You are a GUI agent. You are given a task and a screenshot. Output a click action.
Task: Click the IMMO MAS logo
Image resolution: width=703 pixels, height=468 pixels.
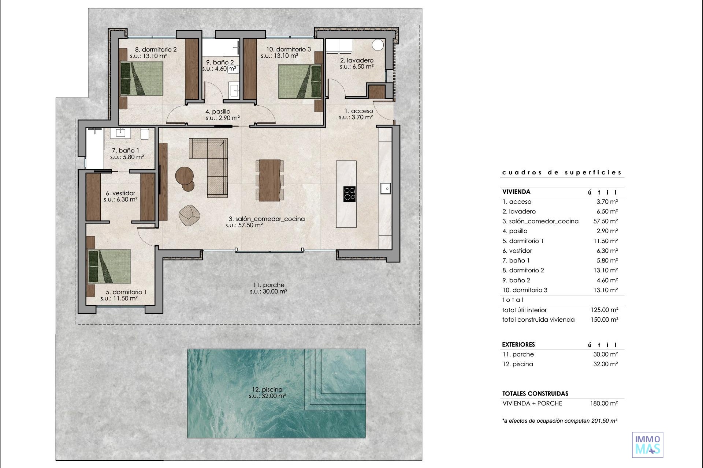coord(647,445)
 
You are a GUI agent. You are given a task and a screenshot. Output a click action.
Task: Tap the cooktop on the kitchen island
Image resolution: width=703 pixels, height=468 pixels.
coord(350,194)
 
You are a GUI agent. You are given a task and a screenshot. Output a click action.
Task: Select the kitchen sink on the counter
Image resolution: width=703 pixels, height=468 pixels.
coord(385,188)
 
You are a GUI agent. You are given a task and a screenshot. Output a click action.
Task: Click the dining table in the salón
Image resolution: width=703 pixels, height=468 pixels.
coord(269,180)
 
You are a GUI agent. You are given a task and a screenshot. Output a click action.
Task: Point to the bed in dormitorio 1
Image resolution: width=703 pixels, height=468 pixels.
coord(109,267)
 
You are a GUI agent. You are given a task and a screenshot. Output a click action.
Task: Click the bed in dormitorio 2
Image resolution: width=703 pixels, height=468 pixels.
coord(142,79)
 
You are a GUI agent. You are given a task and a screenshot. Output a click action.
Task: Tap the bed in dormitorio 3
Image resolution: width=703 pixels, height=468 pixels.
coord(300,82)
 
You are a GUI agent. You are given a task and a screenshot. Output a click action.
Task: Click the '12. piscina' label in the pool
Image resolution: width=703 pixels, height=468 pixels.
coord(267,389)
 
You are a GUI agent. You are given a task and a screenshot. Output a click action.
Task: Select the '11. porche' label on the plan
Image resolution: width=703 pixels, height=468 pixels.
coord(269,285)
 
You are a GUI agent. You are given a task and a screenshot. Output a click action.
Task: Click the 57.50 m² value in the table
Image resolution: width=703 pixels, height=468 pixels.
coord(606,221)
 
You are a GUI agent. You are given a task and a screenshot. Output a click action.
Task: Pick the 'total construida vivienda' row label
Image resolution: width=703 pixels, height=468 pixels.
coord(538,320)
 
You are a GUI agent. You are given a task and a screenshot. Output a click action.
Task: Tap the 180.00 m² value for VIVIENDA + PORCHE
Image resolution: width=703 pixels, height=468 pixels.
coord(604,403)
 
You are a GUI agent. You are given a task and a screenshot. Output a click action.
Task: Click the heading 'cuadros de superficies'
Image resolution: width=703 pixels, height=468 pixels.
coord(562,172)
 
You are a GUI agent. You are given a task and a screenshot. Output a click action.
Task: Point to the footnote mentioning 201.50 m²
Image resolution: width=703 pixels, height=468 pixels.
coord(560,421)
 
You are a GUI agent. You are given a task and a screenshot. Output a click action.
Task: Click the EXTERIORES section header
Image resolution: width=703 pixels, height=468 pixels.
coord(518,344)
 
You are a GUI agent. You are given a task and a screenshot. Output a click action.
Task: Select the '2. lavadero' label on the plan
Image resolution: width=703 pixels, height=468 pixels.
coord(357,60)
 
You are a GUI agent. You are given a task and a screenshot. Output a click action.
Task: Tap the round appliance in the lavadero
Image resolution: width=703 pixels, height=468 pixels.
coord(378,45)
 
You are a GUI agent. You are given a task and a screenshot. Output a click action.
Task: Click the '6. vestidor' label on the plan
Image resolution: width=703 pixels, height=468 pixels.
coord(120,193)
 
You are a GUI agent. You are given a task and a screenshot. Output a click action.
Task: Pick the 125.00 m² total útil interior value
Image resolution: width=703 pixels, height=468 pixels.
coord(604,310)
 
